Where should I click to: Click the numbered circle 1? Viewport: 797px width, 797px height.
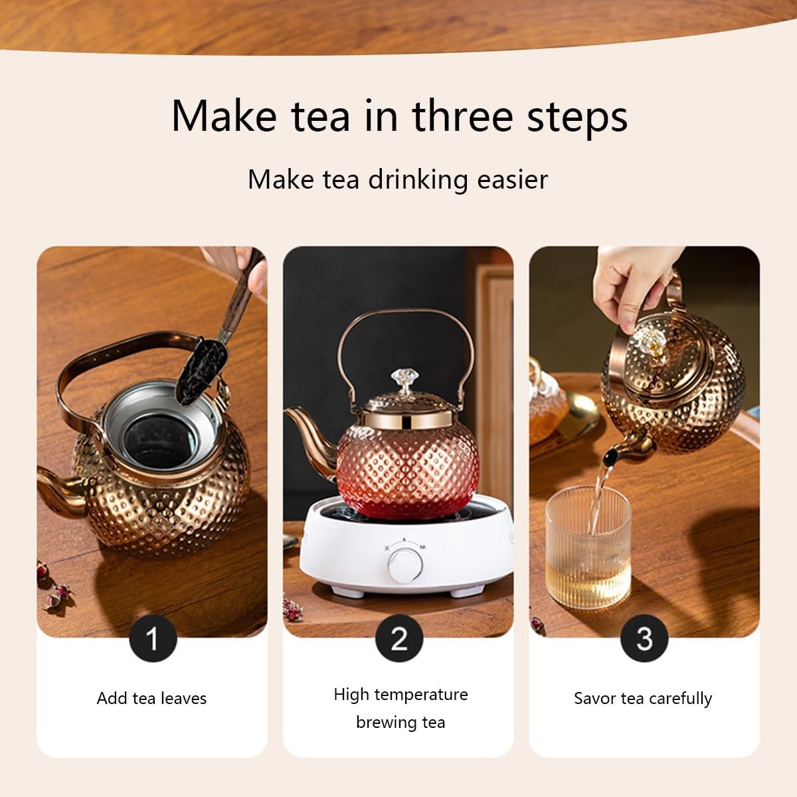click(x=153, y=638)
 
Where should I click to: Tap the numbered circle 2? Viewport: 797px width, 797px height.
click(x=399, y=638)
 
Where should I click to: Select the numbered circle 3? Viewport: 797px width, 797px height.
click(x=644, y=638)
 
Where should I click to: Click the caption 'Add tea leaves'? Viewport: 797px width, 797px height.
click(x=152, y=698)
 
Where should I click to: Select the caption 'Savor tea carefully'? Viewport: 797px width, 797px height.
click(x=643, y=699)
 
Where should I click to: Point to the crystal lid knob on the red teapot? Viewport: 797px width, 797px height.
click(x=405, y=381)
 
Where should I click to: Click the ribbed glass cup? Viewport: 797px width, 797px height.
click(x=588, y=547)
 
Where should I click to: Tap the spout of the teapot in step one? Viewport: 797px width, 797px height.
click(x=62, y=490)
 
